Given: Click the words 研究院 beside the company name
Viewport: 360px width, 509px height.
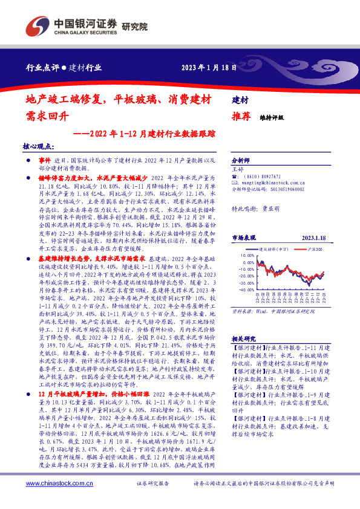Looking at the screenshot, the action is click(x=135, y=27).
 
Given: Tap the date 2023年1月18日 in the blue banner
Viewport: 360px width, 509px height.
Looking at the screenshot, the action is click(x=209, y=68).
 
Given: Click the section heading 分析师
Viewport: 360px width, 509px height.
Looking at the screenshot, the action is click(x=243, y=161).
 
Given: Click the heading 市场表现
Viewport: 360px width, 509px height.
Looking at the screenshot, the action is click(x=244, y=238).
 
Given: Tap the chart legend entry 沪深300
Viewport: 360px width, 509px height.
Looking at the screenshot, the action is click(x=315, y=248).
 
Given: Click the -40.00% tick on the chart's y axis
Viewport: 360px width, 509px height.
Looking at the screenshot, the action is click(x=247, y=290).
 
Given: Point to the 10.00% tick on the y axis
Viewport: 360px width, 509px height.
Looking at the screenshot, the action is click(x=248, y=255).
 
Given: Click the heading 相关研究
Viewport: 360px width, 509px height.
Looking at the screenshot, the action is click(x=245, y=339).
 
